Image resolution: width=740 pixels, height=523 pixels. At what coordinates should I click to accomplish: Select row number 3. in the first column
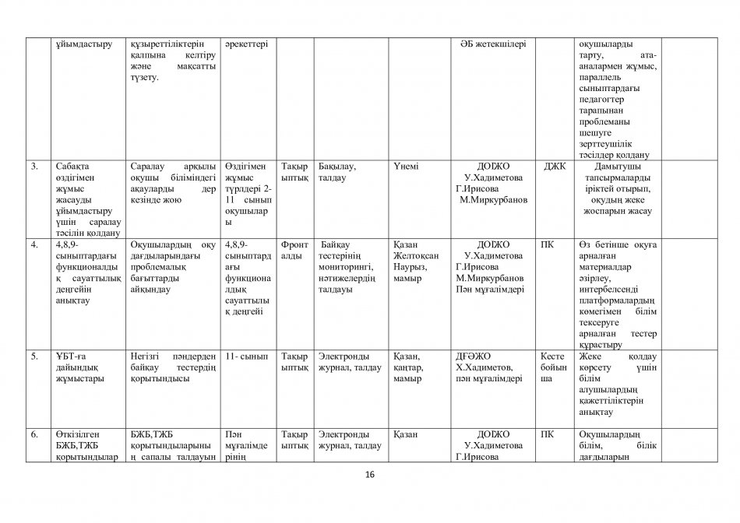click(x=34, y=167)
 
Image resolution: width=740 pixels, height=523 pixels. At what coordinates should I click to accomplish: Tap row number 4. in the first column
click(x=34, y=244)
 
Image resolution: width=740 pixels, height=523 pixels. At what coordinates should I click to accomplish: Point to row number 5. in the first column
click(x=34, y=356)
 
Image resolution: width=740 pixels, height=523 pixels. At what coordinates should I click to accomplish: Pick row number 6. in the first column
click(x=34, y=433)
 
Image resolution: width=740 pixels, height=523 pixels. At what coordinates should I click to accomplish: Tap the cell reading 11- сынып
click(x=245, y=356)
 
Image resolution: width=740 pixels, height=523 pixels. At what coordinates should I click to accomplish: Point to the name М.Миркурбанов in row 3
click(x=495, y=199)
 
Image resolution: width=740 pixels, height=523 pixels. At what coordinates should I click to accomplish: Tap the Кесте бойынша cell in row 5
click(x=555, y=367)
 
